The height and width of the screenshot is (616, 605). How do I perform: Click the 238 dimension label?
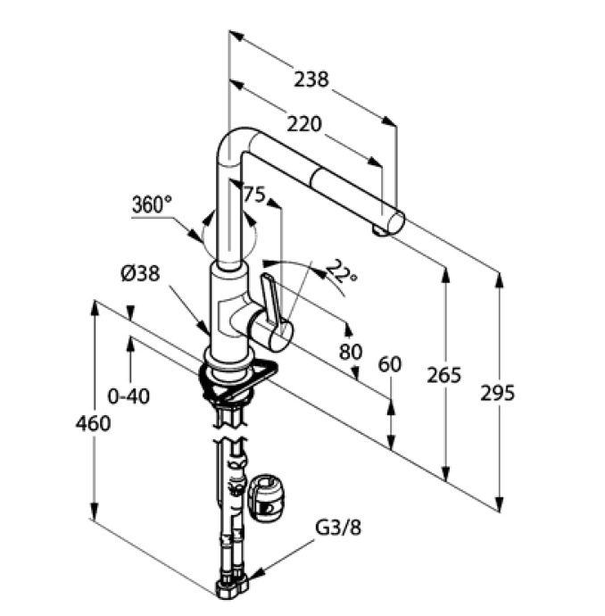[311, 79]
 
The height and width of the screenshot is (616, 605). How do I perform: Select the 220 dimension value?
[304, 124]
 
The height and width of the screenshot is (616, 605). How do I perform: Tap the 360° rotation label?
[152, 204]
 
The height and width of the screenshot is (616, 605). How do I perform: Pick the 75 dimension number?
[255, 194]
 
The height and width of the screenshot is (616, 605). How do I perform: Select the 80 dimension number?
[351, 352]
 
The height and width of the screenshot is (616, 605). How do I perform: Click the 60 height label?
[389, 365]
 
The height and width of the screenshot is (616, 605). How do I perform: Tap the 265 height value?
[443, 375]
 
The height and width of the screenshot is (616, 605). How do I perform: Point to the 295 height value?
[497, 393]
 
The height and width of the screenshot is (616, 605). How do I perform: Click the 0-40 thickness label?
[128, 396]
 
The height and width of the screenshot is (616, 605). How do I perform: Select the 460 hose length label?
[93, 423]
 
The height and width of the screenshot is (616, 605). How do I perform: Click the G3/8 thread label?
[338, 528]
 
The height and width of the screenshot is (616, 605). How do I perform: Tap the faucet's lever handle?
[271, 297]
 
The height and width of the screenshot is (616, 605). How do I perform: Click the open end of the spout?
[395, 223]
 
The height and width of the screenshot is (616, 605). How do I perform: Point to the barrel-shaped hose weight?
[268, 497]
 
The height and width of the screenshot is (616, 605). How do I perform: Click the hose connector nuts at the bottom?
[232, 587]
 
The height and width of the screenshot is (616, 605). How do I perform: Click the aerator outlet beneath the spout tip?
[379, 231]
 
